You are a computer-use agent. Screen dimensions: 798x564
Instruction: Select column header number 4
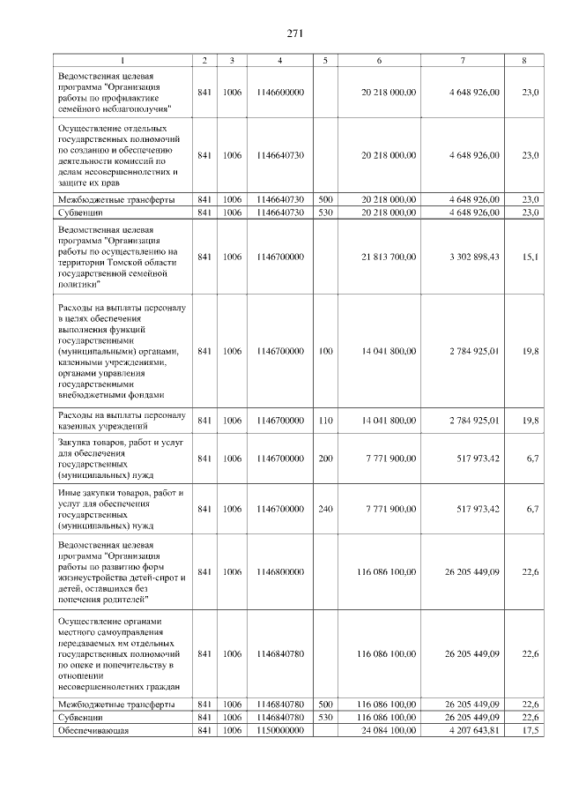point(279,60)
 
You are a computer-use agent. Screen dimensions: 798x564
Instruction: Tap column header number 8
point(524,60)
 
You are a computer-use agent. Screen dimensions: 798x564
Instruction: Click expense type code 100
point(325,351)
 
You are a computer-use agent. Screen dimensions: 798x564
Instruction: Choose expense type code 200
point(325,459)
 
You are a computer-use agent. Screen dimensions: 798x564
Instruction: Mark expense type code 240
point(325,509)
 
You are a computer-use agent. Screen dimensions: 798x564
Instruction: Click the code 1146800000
point(279,571)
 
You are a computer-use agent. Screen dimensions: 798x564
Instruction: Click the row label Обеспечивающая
point(93,731)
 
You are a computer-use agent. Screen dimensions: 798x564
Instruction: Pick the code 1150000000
point(279,731)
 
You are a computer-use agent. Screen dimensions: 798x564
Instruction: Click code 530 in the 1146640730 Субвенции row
point(325,213)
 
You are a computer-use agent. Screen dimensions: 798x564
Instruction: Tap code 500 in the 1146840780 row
point(325,705)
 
